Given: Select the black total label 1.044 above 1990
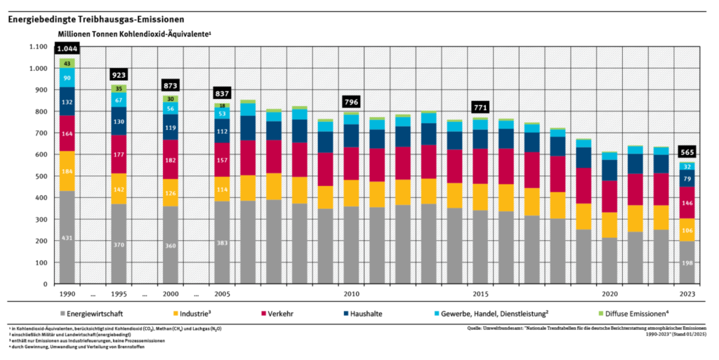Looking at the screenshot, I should tap(67, 48).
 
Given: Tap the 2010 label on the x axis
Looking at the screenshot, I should tap(351, 293).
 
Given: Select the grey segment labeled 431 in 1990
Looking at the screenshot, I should tap(67, 239).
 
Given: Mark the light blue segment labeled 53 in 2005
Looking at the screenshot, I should tap(222, 113).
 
